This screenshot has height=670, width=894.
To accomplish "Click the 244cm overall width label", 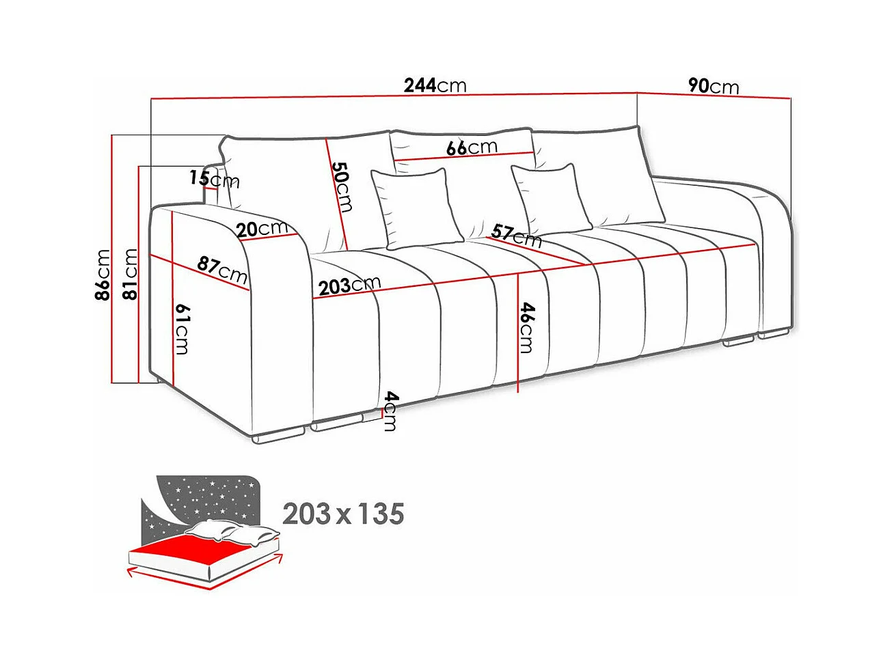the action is (435, 85).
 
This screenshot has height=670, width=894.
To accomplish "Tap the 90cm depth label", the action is (713, 86).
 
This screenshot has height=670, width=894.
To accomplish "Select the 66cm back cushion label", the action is (472, 148).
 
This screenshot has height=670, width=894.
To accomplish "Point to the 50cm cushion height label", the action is (342, 186).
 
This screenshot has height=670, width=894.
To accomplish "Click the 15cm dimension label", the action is (214, 179).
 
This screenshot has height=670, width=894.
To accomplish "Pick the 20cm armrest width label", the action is (262, 228).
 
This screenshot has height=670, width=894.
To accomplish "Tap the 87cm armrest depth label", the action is (222, 269).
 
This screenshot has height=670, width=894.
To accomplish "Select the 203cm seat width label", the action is (349, 285).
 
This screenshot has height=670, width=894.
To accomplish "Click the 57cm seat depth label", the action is (516, 236).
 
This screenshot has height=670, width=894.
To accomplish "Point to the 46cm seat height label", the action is (526, 328).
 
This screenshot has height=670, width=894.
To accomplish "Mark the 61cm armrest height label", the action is (182, 329).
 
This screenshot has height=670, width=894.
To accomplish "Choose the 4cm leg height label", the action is (390, 410).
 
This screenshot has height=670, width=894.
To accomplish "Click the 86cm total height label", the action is (103, 275).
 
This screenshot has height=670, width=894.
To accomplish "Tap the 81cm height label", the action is (129, 275).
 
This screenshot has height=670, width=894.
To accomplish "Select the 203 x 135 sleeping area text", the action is (343, 514).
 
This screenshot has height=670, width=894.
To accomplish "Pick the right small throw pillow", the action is (551, 198).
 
